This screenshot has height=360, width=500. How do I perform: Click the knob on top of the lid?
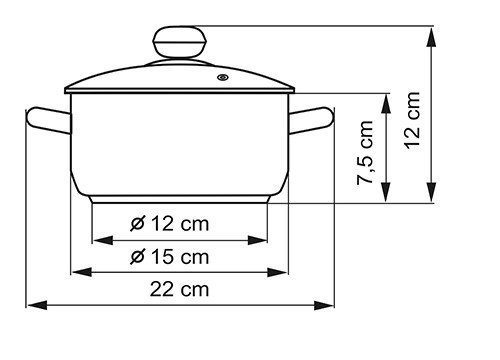[x=179, y=42]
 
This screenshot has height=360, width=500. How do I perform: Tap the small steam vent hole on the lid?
[x=223, y=78]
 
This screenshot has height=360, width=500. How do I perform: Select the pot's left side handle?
[x=49, y=120]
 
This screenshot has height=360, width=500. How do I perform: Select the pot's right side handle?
[x=311, y=120]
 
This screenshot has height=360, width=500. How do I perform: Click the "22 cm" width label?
[x=179, y=289]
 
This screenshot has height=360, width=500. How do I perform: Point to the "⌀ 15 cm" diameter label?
[x=170, y=257]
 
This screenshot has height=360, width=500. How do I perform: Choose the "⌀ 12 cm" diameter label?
[x=170, y=223]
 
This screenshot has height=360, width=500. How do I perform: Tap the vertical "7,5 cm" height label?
[x=365, y=153]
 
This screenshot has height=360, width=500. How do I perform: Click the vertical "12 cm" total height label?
[x=411, y=120]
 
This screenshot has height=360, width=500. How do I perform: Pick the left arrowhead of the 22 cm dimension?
[x=38, y=305]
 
